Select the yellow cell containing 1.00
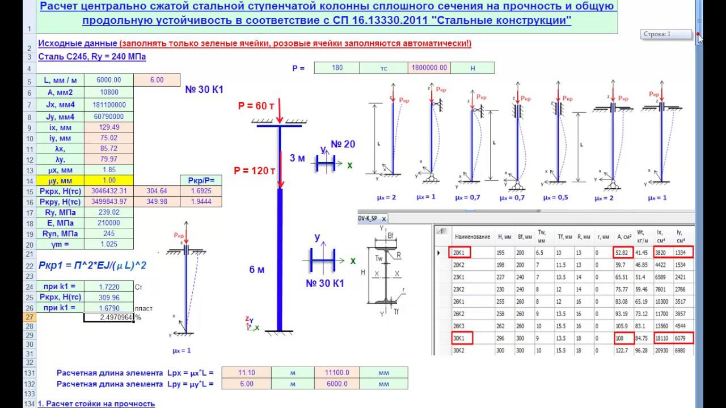click(109, 181)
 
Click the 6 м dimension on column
click(257, 270)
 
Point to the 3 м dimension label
click(297, 158)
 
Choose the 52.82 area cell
click(623, 253)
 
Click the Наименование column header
click(472, 236)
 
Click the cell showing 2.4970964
click(109, 317)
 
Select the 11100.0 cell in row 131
click(337, 373)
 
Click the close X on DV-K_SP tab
click(383, 218)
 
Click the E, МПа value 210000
click(109, 223)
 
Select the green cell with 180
click(337, 68)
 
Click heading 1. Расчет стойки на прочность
click(96, 403)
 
